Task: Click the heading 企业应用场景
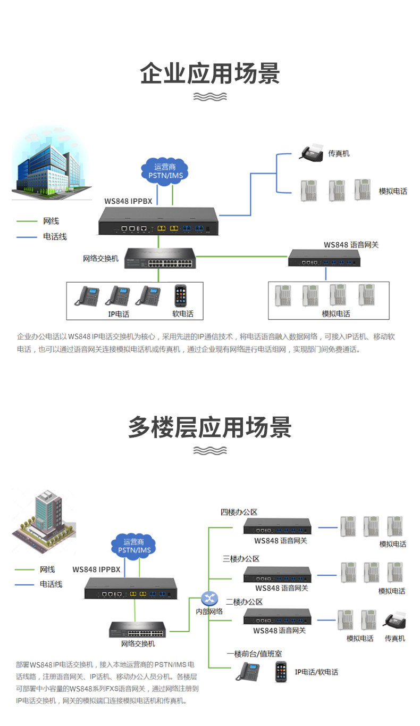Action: point(210,73)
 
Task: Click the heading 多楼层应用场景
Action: point(210,427)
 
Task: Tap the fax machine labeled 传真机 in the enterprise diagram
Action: point(312,152)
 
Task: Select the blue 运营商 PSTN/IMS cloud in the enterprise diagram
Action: point(165,171)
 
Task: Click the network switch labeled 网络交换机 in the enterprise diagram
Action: point(160,258)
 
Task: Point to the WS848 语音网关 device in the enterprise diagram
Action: point(324,258)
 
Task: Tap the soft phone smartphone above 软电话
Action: point(180,295)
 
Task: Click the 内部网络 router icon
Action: point(209,598)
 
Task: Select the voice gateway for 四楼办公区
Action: point(277,526)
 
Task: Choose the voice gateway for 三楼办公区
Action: point(277,574)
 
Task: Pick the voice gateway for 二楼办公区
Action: point(277,616)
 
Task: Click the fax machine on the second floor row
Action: point(394,620)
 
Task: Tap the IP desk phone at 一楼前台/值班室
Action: point(248,671)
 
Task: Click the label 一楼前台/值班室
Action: point(254,654)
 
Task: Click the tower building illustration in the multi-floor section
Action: point(44,520)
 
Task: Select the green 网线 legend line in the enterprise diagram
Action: point(27,221)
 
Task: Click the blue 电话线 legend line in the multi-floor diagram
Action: point(24,585)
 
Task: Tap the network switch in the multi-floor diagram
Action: point(137,629)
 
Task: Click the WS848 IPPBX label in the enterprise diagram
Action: point(128,201)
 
